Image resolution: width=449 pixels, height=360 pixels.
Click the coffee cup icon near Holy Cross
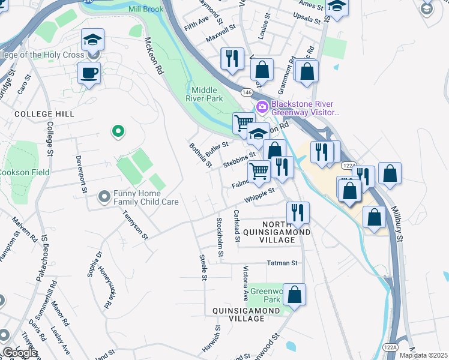[89, 74]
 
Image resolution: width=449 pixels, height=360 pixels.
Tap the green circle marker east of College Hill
[118, 131]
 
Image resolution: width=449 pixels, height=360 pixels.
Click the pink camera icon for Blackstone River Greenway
[262, 107]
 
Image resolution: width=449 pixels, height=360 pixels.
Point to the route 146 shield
[247, 92]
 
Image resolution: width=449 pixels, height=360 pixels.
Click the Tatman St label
[282, 263]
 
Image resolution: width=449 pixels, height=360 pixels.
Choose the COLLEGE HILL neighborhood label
[44, 114]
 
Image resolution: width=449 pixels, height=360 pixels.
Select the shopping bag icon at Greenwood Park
[294, 295]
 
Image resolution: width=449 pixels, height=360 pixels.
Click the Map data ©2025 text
[424, 355]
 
